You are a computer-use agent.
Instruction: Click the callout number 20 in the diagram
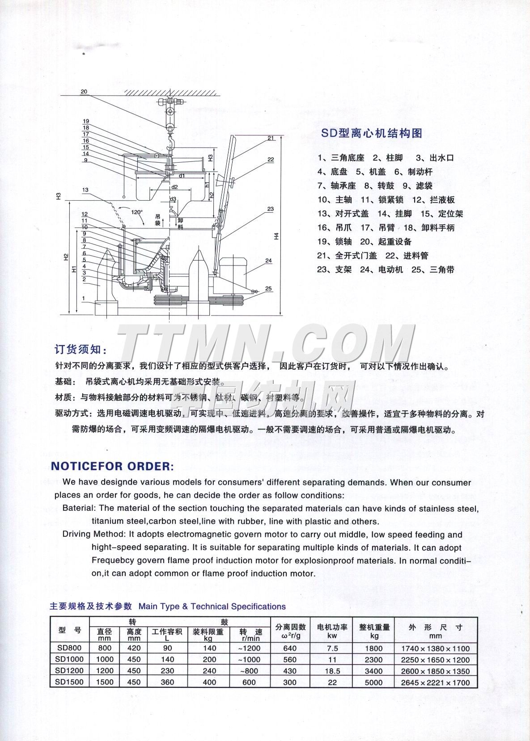click(x=85, y=92)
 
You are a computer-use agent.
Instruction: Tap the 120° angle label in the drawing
click(x=137, y=212)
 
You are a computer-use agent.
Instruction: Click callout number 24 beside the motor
click(x=268, y=261)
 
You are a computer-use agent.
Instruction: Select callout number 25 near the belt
click(x=268, y=289)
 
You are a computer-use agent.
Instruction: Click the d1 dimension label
click(x=182, y=176)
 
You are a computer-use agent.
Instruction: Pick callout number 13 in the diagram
click(x=85, y=190)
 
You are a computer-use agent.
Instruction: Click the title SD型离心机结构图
click(x=372, y=133)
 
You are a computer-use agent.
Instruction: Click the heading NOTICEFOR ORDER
click(x=112, y=466)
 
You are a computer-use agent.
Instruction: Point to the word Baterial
click(x=79, y=508)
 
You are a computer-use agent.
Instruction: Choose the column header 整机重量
click(x=374, y=627)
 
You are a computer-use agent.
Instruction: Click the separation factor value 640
click(x=290, y=648)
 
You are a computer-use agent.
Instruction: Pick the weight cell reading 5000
click(x=374, y=682)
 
